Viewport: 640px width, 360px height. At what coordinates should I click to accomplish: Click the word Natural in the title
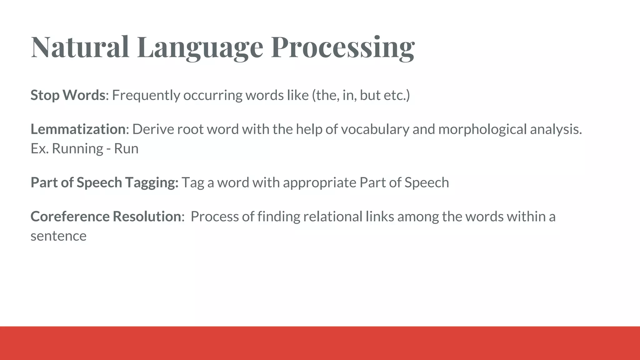80,47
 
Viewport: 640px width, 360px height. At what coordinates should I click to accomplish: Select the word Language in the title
200,47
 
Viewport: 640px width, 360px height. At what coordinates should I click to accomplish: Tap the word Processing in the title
343,47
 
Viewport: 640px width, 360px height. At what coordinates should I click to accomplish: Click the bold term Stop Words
68,95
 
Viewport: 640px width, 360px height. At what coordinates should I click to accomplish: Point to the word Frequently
146,95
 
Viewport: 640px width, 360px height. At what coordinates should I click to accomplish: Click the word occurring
212,95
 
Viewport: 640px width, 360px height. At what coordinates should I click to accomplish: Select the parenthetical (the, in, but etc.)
361,95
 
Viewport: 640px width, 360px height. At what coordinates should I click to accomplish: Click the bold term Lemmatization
78,129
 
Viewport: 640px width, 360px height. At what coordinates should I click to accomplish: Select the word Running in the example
77,148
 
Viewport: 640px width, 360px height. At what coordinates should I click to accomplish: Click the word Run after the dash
126,148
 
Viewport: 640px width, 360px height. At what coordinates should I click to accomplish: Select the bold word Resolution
147,216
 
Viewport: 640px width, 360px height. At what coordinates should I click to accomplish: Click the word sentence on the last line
58,236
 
